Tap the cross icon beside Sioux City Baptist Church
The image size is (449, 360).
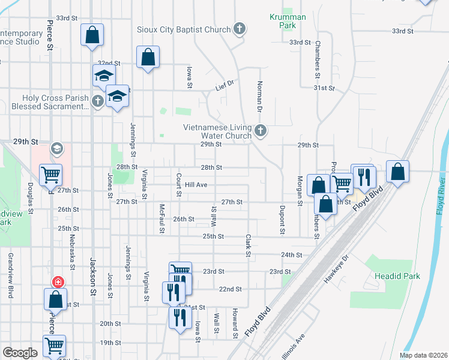[239, 28]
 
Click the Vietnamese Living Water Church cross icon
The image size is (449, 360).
[261, 130]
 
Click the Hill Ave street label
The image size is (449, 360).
[196, 185]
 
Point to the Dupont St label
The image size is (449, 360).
[281, 219]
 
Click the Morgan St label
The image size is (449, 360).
[299, 191]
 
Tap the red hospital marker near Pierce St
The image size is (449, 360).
[58, 281]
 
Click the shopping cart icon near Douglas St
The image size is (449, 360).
[51, 175]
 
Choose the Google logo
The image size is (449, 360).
[20, 353]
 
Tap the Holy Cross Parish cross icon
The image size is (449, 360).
[98, 101]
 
